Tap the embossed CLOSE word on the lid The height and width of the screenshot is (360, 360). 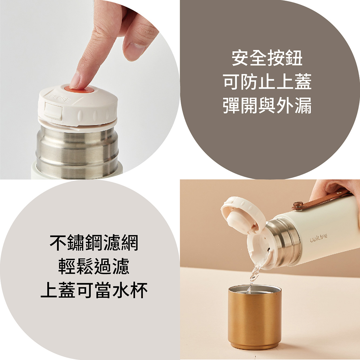coord(59,98)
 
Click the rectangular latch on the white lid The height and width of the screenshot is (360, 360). coord(53,111)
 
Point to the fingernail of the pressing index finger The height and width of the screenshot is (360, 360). coord(75,81)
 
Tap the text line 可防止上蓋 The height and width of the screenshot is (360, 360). coord(267,82)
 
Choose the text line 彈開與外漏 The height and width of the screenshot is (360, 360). coord(267,105)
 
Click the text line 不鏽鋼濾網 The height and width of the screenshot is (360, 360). coord(94,243)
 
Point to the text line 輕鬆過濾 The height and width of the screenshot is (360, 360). coord(94,266)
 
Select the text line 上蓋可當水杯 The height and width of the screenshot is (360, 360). coord(94,290)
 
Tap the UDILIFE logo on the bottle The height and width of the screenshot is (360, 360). coord(319,238)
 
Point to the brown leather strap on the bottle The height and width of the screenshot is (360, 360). coord(321,199)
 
